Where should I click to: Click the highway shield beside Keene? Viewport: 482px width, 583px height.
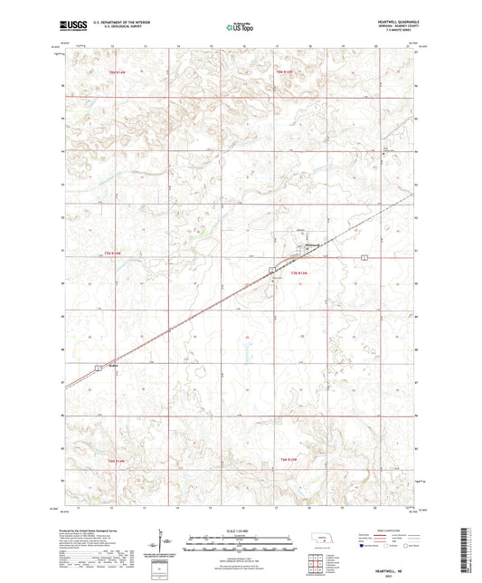pyautogui.click(x=98, y=367)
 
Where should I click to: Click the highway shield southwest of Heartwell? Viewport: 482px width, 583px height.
pyautogui.click(x=272, y=270)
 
